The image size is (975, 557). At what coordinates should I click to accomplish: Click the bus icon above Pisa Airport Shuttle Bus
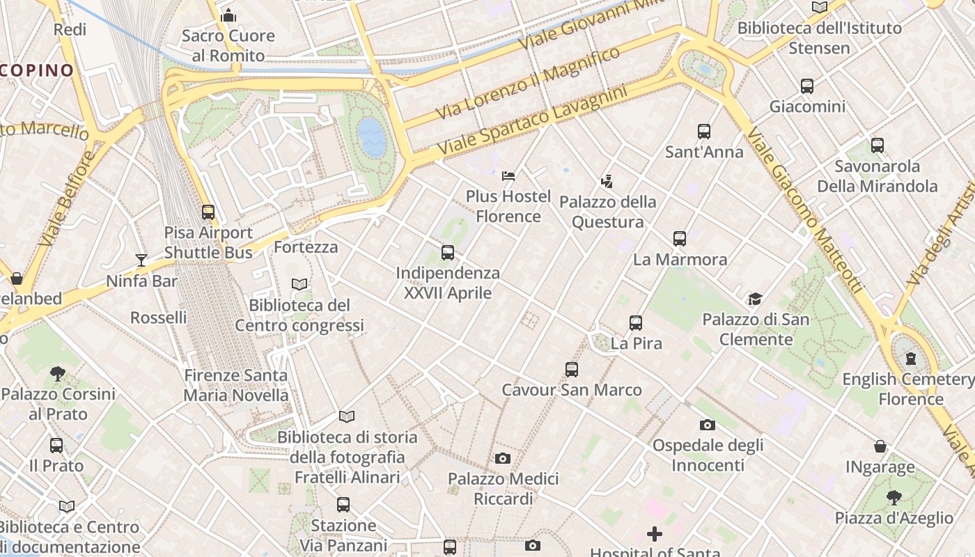tap(208, 212)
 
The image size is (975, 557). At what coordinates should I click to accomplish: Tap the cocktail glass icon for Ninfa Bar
tap(141, 260)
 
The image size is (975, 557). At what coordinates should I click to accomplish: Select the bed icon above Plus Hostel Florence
tap(508, 175)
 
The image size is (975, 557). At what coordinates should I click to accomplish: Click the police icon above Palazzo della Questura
tap(607, 182)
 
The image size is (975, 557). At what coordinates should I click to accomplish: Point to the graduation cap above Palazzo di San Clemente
tap(755, 299)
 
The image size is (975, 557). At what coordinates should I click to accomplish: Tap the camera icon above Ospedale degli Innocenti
tap(708, 425)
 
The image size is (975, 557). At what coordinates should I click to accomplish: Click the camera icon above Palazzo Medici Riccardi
tap(503, 458)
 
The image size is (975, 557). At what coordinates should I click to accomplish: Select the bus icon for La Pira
tap(636, 323)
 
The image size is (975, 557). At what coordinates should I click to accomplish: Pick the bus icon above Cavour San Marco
tap(572, 370)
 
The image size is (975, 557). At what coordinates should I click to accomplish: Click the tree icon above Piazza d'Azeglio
tap(894, 497)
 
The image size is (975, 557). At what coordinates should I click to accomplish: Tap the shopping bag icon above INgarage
tap(880, 446)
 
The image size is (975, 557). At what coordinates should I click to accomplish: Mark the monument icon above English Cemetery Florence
tap(910, 359)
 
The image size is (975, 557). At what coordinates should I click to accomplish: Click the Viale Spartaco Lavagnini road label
tap(533, 121)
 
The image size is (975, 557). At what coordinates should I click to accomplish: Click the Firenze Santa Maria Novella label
tap(235, 385)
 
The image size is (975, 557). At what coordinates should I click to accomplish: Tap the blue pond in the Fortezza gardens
tap(371, 136)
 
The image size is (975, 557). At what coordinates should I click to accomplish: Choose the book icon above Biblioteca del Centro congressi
tap(299, 285)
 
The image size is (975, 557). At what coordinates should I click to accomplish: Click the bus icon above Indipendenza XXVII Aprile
tap(448, 253)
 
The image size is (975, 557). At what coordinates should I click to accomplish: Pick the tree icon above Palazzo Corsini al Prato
tap(58, 374)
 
